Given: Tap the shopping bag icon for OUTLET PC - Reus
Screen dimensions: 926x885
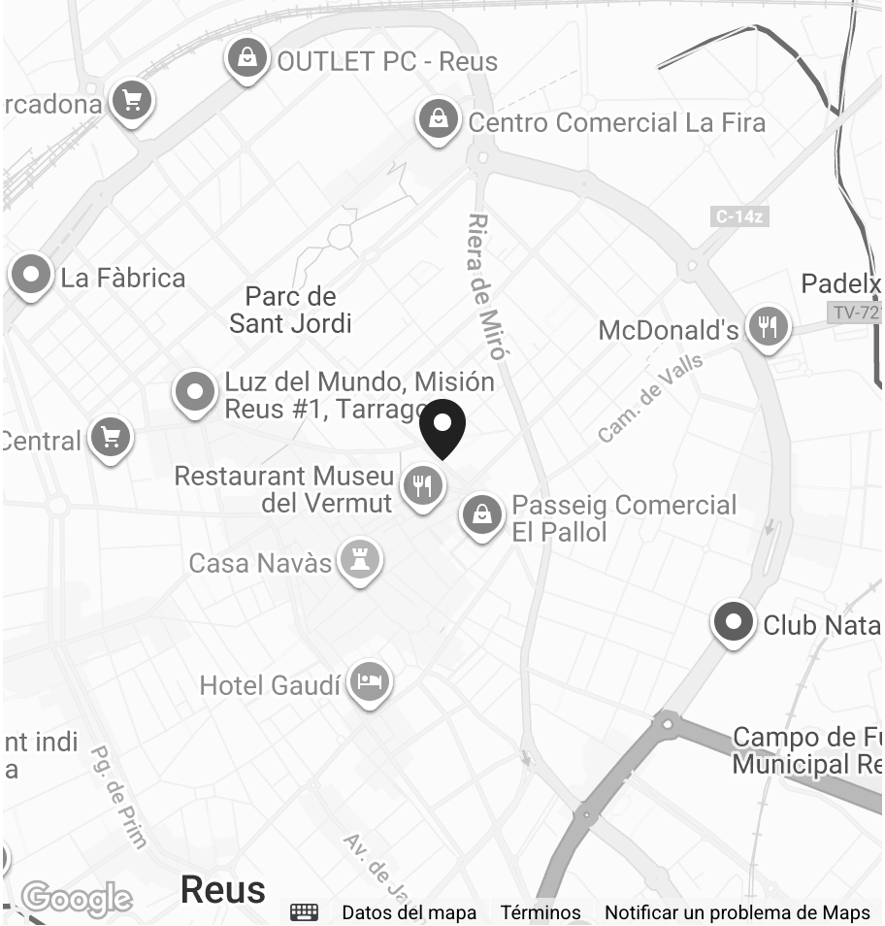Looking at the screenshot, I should (248, 58).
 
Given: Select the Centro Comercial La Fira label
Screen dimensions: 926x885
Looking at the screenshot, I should (616, 123).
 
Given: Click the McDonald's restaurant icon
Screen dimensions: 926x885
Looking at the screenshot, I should (768, 326).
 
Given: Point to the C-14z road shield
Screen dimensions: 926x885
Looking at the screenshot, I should (739, 216).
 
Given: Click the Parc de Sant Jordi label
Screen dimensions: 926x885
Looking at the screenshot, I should (290, 310).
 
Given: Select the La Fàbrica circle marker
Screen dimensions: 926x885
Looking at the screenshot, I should (31, 276).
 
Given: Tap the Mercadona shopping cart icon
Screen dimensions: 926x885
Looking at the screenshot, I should (131, 100).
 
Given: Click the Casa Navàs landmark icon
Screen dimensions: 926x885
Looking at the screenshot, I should (360, 561).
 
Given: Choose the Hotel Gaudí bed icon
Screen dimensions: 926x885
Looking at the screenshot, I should (369, 683).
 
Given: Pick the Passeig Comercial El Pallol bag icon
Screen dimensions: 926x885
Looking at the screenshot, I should (481, 515).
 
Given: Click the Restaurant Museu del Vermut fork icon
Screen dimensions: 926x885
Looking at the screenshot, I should (423, 484).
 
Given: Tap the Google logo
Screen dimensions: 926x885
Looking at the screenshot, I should (77, 899).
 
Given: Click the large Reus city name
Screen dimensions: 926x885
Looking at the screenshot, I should (223, 889).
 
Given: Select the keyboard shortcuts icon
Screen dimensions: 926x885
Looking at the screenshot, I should (305, 912).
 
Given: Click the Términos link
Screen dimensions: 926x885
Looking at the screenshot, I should (541, 912).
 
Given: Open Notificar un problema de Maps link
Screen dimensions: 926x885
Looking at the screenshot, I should (737, 912).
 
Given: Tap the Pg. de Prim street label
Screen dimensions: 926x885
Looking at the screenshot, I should (118, 796).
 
